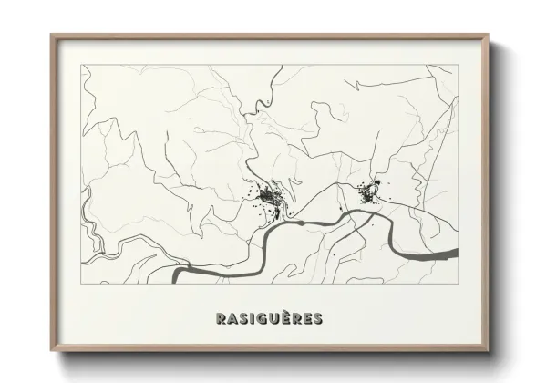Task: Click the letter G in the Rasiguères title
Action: pos(261,319)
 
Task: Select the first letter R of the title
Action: pos(220,319)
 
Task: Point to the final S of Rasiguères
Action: pos(315,319)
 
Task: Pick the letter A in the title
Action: pos(232,319)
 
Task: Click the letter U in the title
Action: pos(273,319)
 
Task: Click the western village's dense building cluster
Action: pos(269,196)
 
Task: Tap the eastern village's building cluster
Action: pos(369,193)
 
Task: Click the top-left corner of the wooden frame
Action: pos(51,35)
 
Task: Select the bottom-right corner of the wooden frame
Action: pos(490,352)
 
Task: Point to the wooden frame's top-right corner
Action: pos(490,35)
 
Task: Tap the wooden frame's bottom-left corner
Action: pos(51,352)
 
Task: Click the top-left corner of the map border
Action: pos(82,65)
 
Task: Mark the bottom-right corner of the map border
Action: pos(459,284)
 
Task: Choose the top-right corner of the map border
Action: pos(459,65)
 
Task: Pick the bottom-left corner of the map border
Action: pos(82,284)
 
